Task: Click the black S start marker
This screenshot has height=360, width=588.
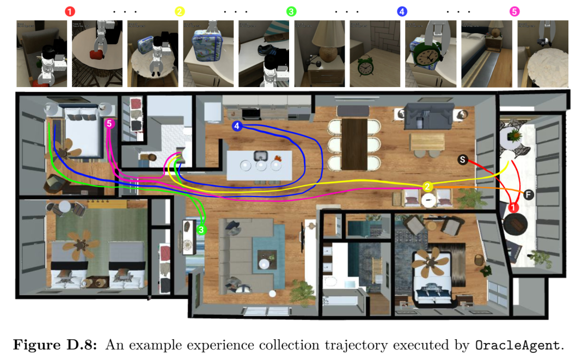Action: (x=462, y=160)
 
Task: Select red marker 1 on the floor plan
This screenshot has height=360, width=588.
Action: (x=513, y=207)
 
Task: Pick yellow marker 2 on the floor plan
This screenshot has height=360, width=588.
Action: (x=428, y=187)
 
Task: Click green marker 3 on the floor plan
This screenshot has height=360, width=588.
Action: (x=202, y=230)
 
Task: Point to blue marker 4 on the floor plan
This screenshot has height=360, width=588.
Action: (x=236, y=126)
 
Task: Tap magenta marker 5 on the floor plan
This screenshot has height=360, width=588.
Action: (x=109, y=124)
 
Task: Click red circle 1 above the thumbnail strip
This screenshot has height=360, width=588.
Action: (x=69, y=11)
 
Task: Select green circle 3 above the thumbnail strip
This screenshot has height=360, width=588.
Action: (x=291, y=11)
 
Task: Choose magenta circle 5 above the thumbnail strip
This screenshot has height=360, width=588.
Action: (x=513, y=11)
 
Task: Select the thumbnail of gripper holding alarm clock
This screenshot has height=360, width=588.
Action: (x=430, y=54)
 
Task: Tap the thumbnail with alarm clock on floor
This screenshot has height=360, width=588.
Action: (x=375, y=54)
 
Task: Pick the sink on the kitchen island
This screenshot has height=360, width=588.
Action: (x=258, y=155)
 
